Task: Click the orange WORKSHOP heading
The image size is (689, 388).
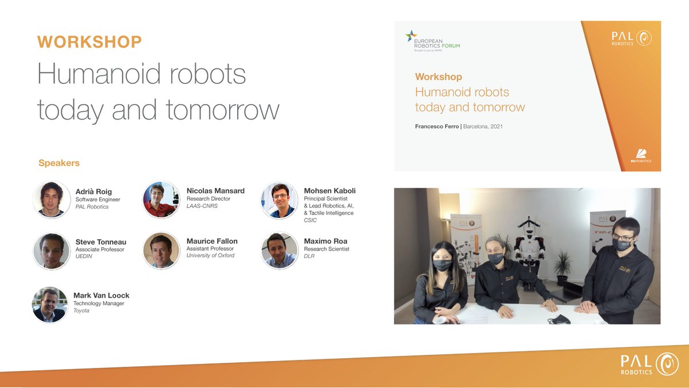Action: point(89,42)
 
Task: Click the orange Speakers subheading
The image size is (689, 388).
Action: point(59,163)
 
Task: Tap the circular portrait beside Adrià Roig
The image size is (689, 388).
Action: point(52,199)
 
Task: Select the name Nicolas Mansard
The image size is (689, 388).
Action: point(215,191)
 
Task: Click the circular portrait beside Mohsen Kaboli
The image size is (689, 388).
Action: point(280,201)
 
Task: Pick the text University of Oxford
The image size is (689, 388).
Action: point(211,256)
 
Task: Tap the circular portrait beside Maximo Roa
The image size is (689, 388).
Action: point(280,251)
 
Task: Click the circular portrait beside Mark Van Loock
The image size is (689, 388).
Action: point(50,305)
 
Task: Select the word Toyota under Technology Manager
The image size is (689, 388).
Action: point(82,311)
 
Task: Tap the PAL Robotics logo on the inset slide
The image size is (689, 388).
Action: point(632,39)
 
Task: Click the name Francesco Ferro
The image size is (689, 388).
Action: point(436,126)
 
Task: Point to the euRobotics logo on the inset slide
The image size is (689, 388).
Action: point(641,156)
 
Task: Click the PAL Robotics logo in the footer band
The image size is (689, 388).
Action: point(645,364)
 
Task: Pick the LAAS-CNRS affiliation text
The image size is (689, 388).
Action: point(203,206)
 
